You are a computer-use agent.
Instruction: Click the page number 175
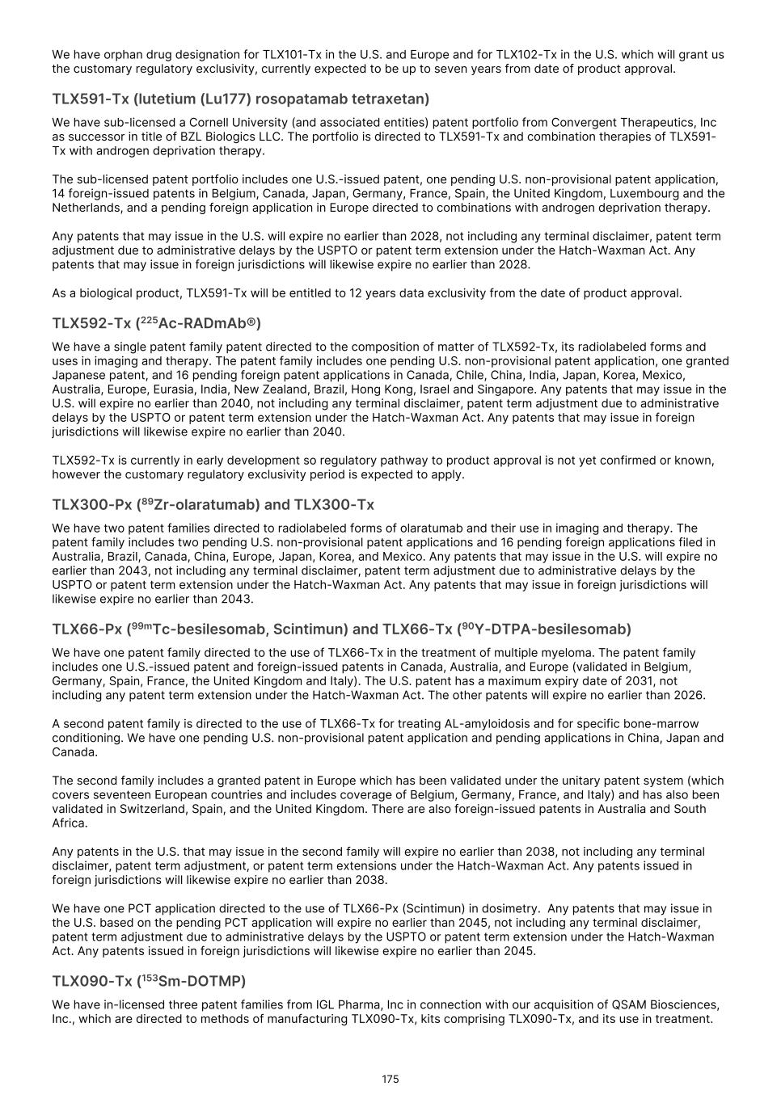pos(390,1080)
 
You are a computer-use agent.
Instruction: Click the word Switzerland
pos(157,809)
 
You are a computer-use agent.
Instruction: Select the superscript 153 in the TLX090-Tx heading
pos(150,978)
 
